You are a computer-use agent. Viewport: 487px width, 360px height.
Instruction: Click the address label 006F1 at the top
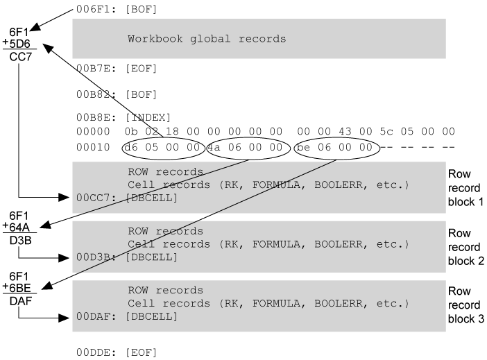pos(93,9)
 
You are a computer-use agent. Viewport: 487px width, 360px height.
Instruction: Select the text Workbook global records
pos(207,39)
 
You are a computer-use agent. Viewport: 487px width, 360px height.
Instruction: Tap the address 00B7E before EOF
pos(93,69)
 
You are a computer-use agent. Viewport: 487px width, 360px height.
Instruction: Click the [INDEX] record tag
pos(148,117)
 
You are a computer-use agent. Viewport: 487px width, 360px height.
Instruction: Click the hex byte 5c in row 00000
pos(386,131)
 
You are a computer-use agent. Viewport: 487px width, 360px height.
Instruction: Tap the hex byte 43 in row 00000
pos(345,131)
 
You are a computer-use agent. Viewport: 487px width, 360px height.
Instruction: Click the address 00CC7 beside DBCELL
pos(93,198)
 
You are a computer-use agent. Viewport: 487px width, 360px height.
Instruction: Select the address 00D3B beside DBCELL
pos(93,257)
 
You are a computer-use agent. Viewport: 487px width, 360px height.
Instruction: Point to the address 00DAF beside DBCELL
pos(93,316)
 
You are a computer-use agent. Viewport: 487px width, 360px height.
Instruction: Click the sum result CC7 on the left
pos(21,57)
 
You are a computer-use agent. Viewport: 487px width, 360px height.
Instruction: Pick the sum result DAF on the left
pos(21,301)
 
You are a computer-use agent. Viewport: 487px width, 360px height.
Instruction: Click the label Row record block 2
pos(466,247)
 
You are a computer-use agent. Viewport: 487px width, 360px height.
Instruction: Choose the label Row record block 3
pos(466,305)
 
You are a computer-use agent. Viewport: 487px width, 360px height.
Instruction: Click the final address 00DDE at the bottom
pos(93,352)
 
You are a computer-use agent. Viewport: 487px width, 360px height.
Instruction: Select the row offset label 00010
pos(93,147)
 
